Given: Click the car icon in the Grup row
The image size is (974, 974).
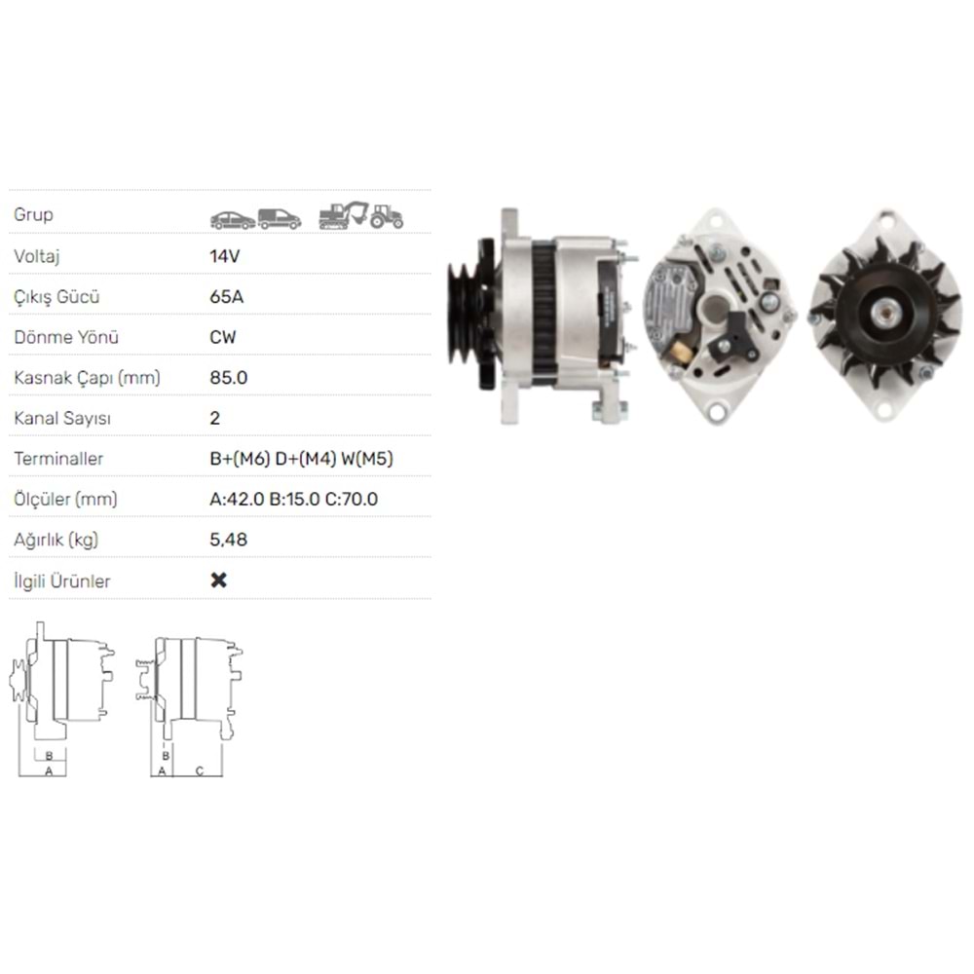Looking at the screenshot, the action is point(233,220).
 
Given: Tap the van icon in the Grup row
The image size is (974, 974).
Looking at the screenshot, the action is point(280,218).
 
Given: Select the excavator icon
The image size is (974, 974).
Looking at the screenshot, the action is point(344,215).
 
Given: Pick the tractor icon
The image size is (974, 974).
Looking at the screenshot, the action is point(387,216).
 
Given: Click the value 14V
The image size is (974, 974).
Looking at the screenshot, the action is point(224,256).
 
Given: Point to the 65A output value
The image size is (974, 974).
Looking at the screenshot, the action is point(227,296).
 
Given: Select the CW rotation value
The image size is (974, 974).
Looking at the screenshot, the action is point(223,337).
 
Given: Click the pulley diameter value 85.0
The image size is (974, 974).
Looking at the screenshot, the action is point(229,378).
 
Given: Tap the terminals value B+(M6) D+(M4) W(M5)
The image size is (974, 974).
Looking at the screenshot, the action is point(301,459).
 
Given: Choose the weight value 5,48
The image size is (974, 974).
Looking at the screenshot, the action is point(229,540).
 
